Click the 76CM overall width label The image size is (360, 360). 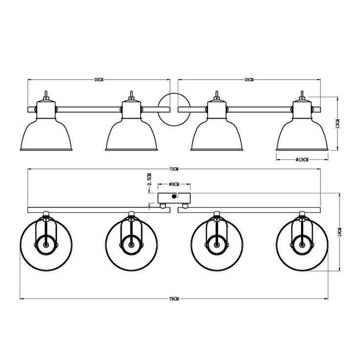click(174, 298)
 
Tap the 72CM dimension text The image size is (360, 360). click(174, 169)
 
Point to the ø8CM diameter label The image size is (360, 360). click(174, 185)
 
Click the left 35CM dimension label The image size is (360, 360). click(99, 79)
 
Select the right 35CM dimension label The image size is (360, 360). click(249, 79)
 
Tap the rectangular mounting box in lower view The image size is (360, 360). click(174, 198)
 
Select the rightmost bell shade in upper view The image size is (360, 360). click(301, 134)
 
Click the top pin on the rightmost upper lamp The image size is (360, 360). click(302, 94)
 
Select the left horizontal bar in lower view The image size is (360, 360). click(88, 210)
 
